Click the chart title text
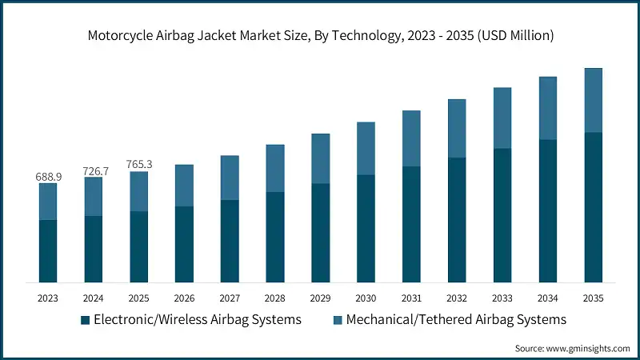(320, 35)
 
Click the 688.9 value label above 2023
(48, 175)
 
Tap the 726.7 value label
(94, 171)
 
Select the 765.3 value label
(139, 165)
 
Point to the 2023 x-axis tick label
(48, 298)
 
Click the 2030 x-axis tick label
(366, 298)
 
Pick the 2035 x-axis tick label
(593, 298)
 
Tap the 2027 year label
(230, 298)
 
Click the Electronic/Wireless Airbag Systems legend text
(197, 319)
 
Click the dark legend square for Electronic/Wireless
(85, 320)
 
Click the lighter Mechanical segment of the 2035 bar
(593, 100)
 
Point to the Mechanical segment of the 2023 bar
(48, 202)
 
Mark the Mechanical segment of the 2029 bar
(320, 158)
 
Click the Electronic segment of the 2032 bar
(457, 219)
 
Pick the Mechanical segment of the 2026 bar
(184, 186)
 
